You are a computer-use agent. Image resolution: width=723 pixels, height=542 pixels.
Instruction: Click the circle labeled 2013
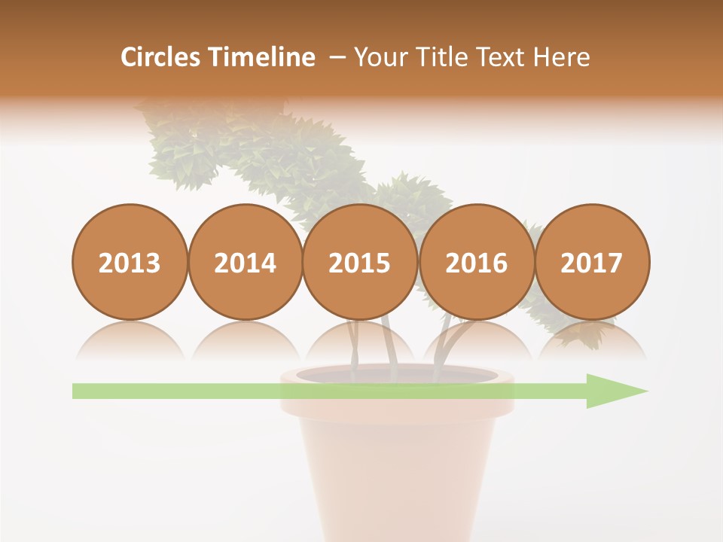[x=130, y=262]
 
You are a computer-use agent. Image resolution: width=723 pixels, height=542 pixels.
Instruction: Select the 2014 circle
[x=245, y=262]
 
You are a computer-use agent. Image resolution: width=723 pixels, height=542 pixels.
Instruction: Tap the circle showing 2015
[x=360, y=262]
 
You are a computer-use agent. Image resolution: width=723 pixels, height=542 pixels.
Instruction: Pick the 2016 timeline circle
[x=476, y=262]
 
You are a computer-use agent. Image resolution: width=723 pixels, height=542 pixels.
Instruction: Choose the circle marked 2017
[x=592, y=262]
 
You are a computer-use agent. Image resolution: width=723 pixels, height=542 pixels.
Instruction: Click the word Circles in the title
[x=162, y=57]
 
